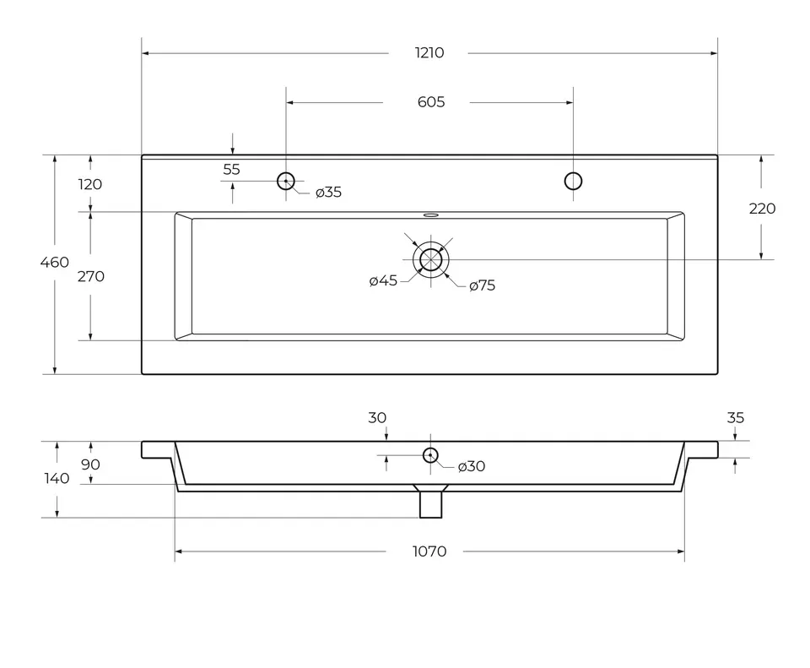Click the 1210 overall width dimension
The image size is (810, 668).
(x=429, y=52)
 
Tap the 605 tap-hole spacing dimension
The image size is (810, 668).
(x=431, y=102)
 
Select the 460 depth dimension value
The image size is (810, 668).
(x=54, y=262)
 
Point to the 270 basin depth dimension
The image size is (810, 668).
(x=91, y=277)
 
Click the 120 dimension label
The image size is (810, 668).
(x=90, y=184)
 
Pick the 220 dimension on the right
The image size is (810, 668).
(x=762, y=209)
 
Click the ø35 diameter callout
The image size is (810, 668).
(x=328, y=193)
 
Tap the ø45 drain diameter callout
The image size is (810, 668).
(x=383, y=280)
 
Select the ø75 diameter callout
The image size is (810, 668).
(x=482, y=285)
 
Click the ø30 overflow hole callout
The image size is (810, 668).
(x=471, y=466)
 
